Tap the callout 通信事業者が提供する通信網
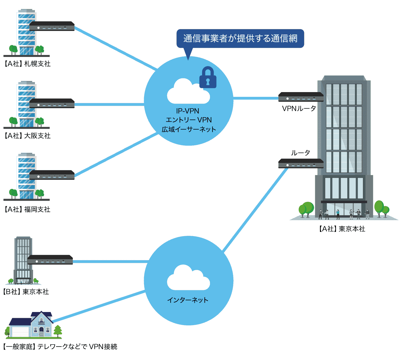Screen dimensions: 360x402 click(x=240, y=39)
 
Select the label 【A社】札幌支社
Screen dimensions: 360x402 click(x=27, y=64)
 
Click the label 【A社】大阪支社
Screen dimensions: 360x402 click(x=27, y=136)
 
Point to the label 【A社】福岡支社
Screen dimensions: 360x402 click(x=27, y=210)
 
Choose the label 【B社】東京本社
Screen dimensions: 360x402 click(x=26, y=292)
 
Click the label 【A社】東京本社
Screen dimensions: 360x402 click(x=342, y=229)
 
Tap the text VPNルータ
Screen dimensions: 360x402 click(x=299, y=109)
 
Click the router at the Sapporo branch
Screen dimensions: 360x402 click(x=52, y=26)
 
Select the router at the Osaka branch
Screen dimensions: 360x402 click(x=52, y=104)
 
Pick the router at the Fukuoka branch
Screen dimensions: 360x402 click(x=52, y=175)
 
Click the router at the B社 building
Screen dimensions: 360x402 click(x=50, y=260)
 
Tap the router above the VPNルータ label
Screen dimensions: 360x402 click(x=301, y=97)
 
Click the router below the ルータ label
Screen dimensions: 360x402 click(x=301, y=164)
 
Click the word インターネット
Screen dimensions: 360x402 click(x=188, y=300)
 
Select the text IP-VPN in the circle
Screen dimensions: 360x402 click(x=188, y=111)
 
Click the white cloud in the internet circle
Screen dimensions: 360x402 click(x=188, y=278)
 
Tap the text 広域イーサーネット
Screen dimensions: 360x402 click(x=189, y=129)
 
